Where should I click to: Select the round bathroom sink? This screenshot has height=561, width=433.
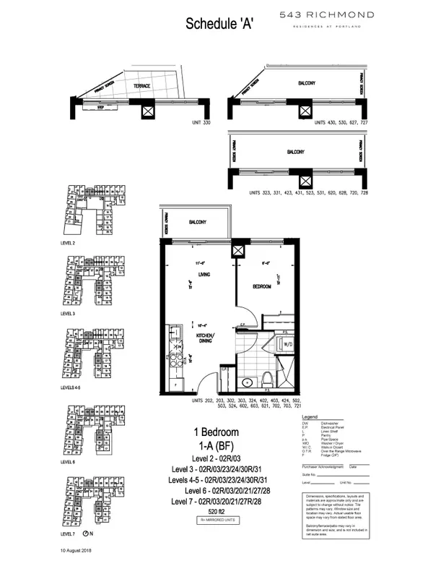[249, 382]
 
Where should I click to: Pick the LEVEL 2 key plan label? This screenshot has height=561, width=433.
[70, 244]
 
